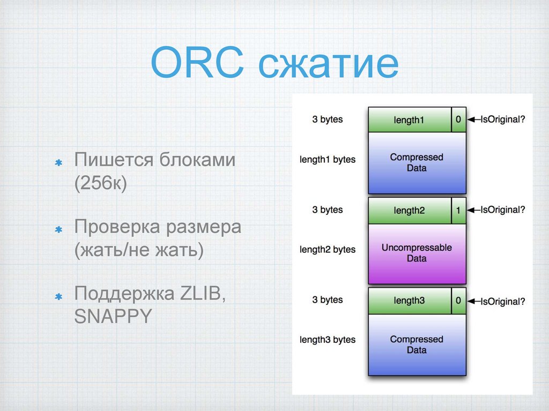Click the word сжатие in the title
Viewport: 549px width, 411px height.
[327, 65]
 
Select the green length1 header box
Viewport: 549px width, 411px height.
[409, 120]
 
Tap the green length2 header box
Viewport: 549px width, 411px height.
[409, 211]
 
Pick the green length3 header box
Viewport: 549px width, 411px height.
[409, 301]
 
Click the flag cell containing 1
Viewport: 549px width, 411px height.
[458, 211]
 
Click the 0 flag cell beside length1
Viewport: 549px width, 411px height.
[458, 120]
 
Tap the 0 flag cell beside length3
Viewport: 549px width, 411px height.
[458, 301]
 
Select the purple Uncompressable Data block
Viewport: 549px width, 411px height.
[417, 253]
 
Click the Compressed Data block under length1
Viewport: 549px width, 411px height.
[417, 162]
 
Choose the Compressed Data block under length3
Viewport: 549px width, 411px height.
[417, 345]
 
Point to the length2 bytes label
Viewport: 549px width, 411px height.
[328, 249]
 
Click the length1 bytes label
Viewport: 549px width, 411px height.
[328, 159]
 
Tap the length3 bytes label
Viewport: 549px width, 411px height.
[328, 340]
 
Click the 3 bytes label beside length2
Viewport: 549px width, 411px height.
[328, 210]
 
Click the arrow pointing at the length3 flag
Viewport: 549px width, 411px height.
[473, 301]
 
